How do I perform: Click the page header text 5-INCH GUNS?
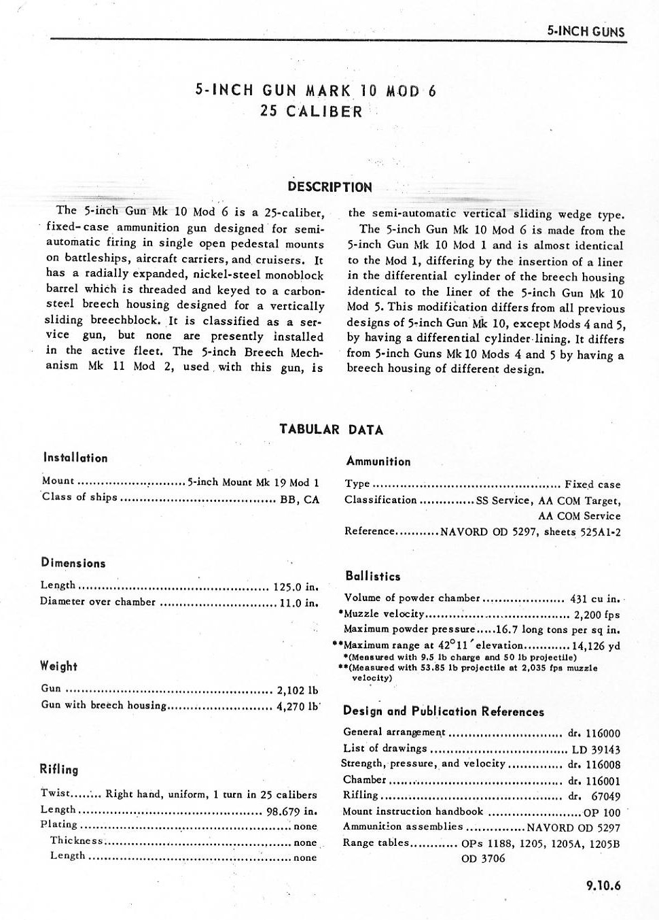pos(585,31)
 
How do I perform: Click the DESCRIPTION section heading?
pos(329,187)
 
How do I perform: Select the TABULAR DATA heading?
pos(331,430)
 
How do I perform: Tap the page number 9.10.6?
pos(603,885)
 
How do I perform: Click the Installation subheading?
pos(75,458)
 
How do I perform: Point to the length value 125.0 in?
pos(296,586)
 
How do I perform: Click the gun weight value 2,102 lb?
pos(298,690)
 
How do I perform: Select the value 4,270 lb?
pos(298,706)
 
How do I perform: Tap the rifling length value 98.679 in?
pos(291,811)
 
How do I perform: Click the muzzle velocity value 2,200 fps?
pos(597,615)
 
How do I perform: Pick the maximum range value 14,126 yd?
pos(596,646)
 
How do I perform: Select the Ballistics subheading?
pos(372,577)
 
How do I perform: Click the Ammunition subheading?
pos(378,462)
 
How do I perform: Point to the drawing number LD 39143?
pos(596,749)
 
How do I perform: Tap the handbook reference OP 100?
pos(602,813)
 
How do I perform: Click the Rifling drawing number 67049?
pos(605,796)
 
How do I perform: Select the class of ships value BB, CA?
pos(300,499)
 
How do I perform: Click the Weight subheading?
pos(58,666)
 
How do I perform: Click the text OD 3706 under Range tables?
pos(483,859)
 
